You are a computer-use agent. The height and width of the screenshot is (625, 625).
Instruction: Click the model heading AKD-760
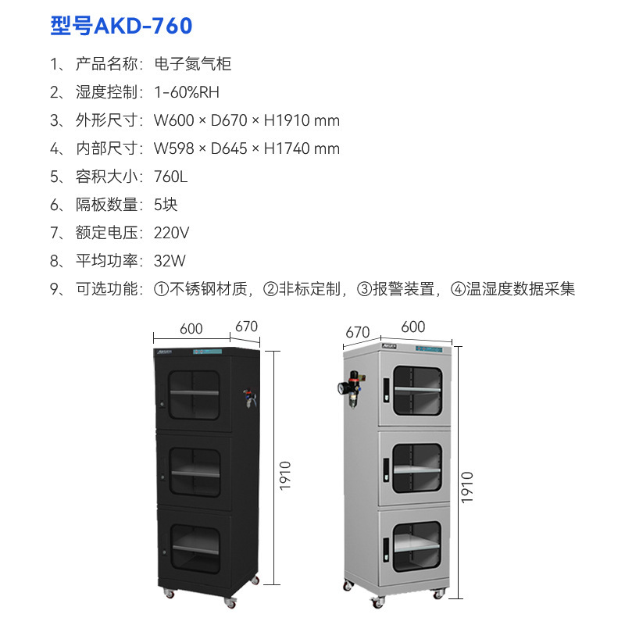pos(121,27)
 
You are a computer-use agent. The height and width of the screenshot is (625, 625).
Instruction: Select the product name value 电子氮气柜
pos(193,64)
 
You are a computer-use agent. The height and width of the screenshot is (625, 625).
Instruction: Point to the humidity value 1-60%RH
pos(187,92)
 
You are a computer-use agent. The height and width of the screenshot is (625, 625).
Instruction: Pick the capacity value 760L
pos(171,177)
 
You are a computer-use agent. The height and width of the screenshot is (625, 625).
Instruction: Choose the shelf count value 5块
pos(166,205)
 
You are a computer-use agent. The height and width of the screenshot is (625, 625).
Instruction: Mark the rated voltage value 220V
pos(172,233)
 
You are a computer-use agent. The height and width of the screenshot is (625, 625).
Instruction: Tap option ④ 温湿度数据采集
pos(512,289)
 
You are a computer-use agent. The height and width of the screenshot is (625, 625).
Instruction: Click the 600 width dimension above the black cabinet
pos(191,329)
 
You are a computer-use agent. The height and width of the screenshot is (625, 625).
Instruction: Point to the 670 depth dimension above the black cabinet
pos(246,327)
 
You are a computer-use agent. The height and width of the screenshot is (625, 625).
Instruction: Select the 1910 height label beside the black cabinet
pos(285,477)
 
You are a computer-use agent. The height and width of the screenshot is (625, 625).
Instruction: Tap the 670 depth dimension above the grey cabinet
pos(357,333)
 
